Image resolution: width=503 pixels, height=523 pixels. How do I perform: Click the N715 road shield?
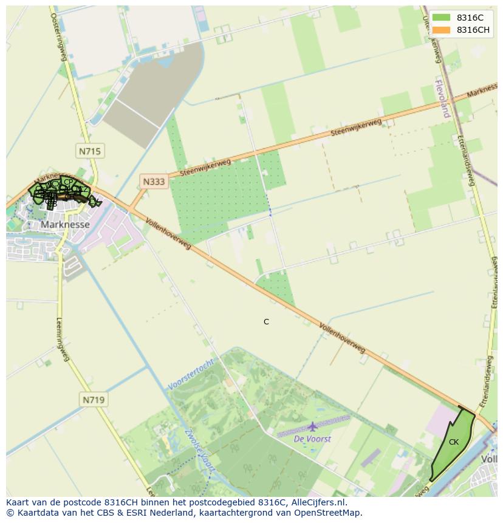click(x=89, y=151)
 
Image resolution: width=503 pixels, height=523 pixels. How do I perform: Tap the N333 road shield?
click(x=154, y=181)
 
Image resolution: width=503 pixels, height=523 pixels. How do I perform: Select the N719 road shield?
click(x=93, y=399)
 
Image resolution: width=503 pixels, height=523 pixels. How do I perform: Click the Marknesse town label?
click(x=65, y=224)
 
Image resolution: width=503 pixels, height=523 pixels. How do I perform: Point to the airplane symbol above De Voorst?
click(x=312, y=427)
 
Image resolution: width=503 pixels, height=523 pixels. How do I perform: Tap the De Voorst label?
click(x=312, y=439)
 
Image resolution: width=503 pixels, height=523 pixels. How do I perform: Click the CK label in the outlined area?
click(x=454, y=442)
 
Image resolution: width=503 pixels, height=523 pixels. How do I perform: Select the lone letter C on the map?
click(x=266, y=322)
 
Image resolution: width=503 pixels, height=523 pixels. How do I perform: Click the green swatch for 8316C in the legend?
click(x=442, y=17)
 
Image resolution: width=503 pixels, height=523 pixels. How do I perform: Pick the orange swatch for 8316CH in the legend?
click(x=442, y=30)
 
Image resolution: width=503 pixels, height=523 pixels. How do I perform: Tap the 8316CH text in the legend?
click(x=473, y=30)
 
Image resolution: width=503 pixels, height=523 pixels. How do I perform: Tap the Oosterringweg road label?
click(x=58, y=36)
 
